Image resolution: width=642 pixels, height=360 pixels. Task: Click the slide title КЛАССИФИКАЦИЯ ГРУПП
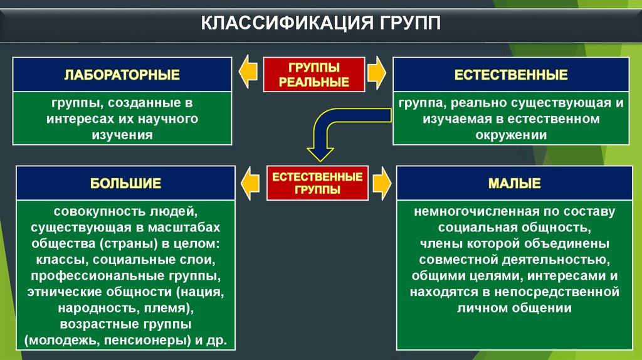pos(320,23)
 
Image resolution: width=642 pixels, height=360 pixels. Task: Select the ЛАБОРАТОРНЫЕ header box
pos(122,75)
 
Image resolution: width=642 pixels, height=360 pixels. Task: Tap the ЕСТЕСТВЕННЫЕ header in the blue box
pos(511,75)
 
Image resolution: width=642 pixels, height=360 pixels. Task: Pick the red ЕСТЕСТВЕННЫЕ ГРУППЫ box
pos(317,183)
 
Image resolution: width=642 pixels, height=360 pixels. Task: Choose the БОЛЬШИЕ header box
pos(125,184)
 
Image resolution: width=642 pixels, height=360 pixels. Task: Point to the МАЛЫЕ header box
pos(514,184)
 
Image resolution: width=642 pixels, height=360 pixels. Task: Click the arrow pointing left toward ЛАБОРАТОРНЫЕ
pos(248,73)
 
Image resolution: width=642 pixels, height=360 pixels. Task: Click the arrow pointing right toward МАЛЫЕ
pos(382,182)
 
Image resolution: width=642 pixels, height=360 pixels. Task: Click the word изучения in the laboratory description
pos(122,134)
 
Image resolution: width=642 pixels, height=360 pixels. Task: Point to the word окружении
pos(510,134)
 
